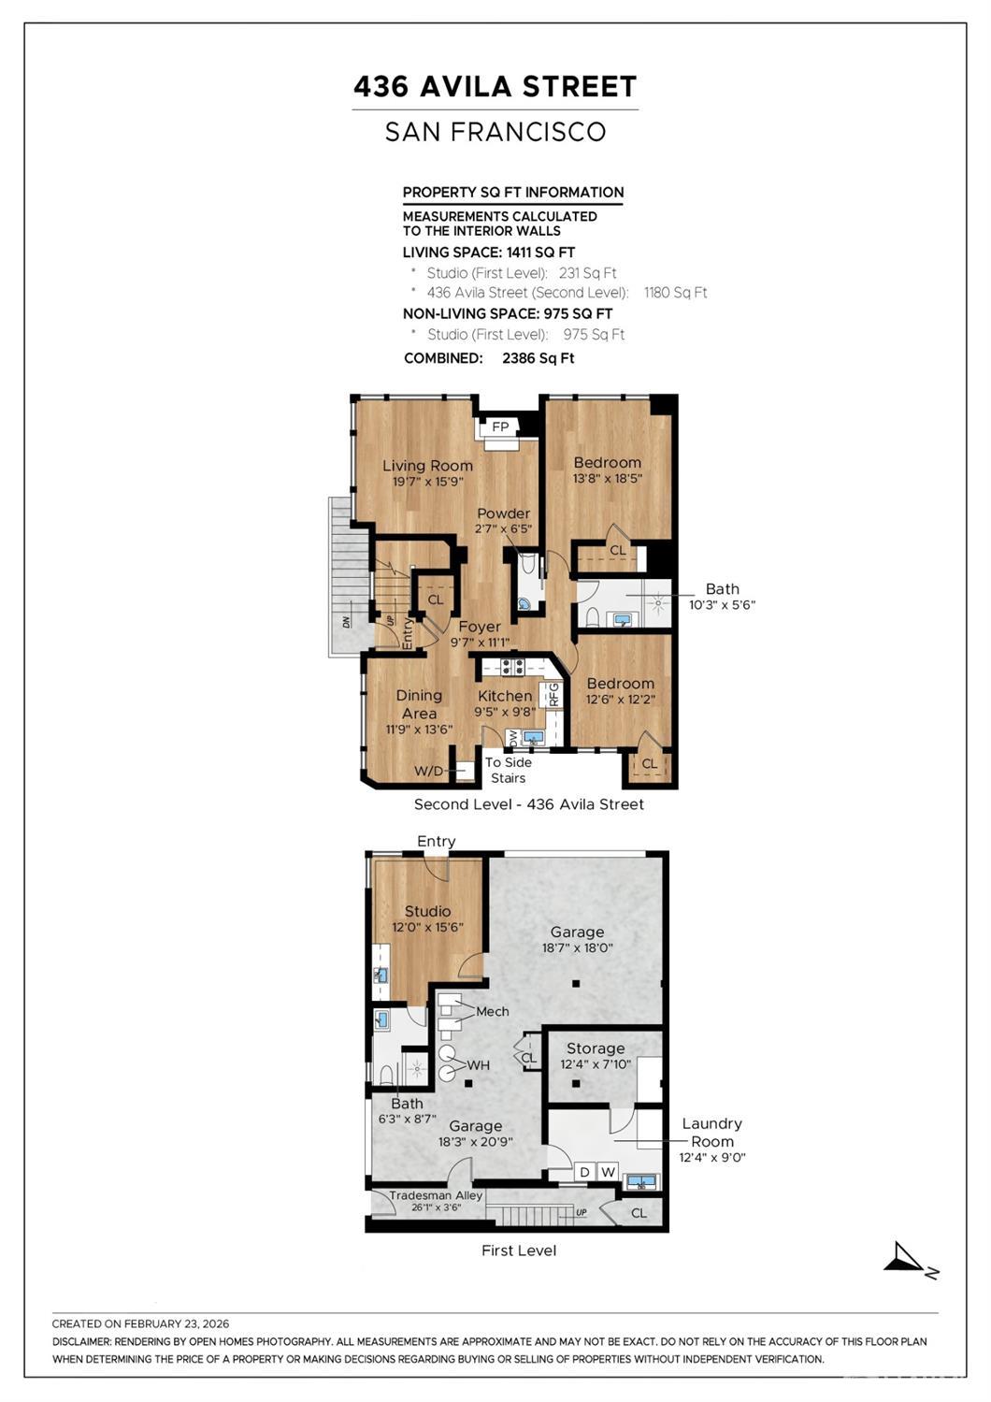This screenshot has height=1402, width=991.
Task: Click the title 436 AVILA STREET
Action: (495, 87)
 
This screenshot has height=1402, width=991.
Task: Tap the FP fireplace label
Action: (500, 427)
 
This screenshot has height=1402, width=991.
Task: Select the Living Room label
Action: (427, 466)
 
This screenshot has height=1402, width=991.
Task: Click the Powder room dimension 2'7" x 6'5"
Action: (503, 528)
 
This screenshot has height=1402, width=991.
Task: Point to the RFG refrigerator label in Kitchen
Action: (553, 694)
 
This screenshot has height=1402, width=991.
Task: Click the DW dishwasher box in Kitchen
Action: (512, 738)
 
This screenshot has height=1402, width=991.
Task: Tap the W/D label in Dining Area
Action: (429, 772)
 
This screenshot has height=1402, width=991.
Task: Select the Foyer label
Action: (479, 627)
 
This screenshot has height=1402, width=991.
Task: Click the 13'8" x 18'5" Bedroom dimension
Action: (607, 478)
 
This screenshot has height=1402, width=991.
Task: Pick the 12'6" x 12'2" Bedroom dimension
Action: (620, 699)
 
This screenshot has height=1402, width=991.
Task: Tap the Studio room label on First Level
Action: (427, 911)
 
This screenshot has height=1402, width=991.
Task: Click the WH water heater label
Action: (478, 1065)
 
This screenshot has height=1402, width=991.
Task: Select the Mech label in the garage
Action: (492, 1011)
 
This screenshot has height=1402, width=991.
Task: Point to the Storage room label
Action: (595, 1048)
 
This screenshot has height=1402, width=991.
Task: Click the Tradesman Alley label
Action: (436, 1195)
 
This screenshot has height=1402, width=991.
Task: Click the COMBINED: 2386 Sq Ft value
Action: (538, 358)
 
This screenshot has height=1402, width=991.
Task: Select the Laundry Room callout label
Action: (711, 1133)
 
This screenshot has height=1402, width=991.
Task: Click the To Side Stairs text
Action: (508, 770)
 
